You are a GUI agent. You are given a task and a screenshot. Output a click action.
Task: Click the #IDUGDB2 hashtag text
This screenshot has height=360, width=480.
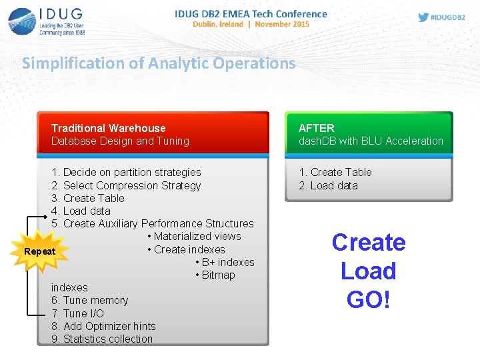point(449,17)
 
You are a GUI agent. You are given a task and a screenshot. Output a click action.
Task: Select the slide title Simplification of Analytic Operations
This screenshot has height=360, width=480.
point(159,63)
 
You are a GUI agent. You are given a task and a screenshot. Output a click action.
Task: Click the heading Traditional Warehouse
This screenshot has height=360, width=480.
point(109,128)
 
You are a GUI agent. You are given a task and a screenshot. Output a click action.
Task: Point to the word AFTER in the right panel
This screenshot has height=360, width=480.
point(317,128)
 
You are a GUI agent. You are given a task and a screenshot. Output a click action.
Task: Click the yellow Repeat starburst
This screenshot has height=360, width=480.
point(39,251)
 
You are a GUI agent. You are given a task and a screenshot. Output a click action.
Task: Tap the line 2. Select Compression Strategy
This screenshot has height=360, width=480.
point(126,185)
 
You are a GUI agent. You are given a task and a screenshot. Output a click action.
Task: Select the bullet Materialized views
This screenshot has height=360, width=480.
point(194,236)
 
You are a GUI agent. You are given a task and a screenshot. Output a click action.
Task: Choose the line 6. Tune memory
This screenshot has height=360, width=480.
point(89,300)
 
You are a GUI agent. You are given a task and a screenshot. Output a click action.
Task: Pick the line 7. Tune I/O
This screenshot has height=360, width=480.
point(77,313)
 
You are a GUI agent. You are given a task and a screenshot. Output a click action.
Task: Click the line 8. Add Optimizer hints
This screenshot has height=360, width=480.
point(103,326)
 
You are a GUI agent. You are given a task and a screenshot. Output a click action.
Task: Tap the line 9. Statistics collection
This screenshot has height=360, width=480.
point(102,339)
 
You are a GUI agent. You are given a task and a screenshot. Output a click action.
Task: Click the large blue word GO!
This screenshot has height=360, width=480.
point(369,299)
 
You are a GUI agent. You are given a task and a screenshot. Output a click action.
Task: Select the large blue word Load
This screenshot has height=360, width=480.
point(369,271)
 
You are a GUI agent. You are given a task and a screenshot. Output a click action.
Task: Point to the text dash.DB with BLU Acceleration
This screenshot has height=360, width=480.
point(371,141)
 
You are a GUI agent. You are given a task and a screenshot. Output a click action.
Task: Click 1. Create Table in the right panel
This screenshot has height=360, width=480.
point(335,172)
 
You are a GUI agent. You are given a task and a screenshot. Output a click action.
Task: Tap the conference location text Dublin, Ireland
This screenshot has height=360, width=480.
point(217,24)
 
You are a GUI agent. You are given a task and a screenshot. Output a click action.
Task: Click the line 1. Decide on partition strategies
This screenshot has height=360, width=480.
point(126,172)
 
